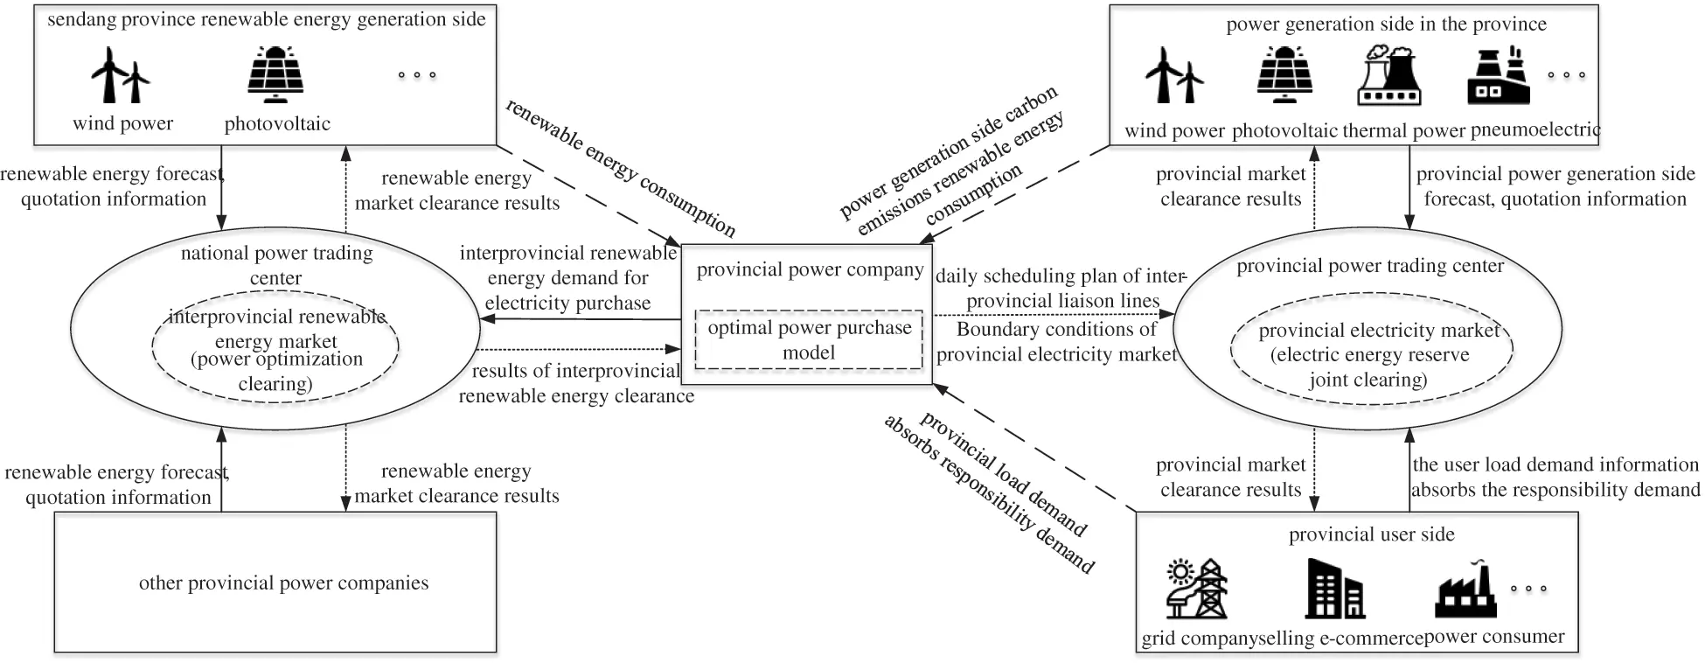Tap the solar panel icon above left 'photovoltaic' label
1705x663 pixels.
(x=276, y=74)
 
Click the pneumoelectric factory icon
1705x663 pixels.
(x=1498, y=76)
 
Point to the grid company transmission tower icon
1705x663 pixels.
(x=1197, y=588)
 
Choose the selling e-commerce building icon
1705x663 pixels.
(x=1334, y=590)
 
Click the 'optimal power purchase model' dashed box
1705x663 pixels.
(x=809, y=339)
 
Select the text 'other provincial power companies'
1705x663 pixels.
(x=283, y=583)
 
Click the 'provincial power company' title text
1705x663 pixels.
(x=810, y=269)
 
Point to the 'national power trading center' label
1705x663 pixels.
(x=276, y=265)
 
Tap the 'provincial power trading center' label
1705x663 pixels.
(x=1370, y=265)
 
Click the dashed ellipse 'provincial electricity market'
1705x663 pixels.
(x=1370, y=354)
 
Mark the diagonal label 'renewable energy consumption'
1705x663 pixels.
(x=621, y=168)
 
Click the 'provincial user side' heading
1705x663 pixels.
(x=1371, y=534)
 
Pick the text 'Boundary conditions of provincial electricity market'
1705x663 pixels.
(x=1056, y=342)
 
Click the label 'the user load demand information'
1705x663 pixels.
(x=1555, y=464)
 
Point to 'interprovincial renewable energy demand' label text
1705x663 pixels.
(x=568, y=265)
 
